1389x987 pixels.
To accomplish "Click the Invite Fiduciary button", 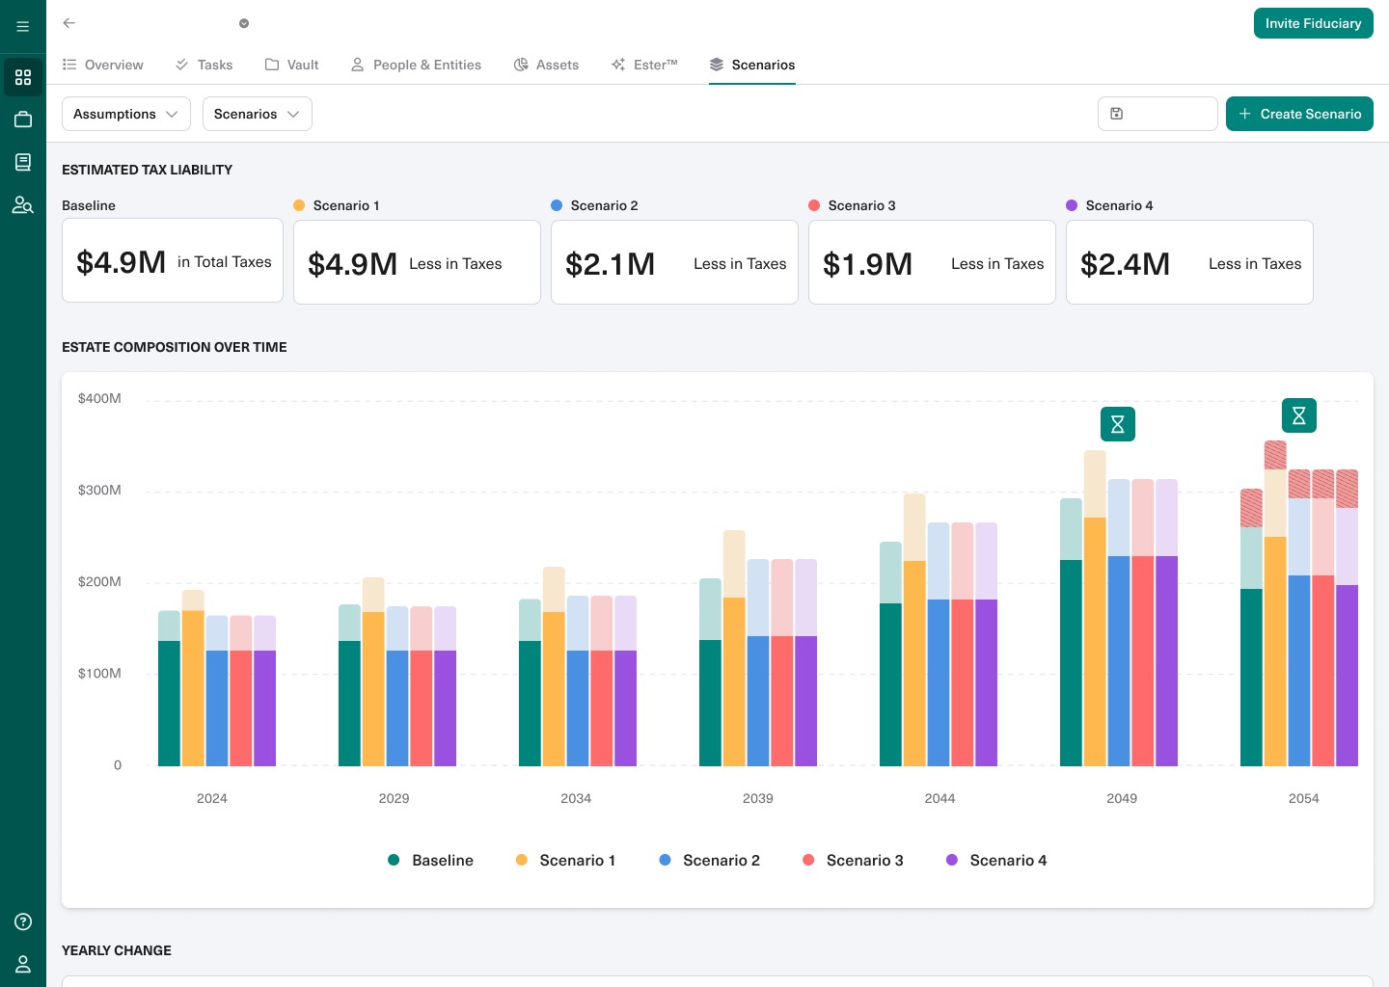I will click(x=1313, y=23).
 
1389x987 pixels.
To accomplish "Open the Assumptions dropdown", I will click(x=125, y=114).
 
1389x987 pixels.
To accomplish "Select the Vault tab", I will click(x=292, y=65).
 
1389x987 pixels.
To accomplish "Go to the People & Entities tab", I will click(x=416, y=65).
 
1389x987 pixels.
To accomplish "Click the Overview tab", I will click(x=103, y=65).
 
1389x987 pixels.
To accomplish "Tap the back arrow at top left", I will click(x=69, y=23).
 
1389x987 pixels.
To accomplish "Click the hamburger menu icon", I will click(x=23, y=27).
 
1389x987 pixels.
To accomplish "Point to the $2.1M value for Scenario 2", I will click(x=610, y=263).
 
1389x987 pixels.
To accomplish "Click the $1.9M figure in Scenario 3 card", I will click(x=867, y=263).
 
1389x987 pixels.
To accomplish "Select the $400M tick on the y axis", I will click(x=99, y=398).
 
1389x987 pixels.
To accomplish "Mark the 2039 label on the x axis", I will click(x=757, y=798).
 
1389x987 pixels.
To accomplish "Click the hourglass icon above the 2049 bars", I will click(x=1117, y=424).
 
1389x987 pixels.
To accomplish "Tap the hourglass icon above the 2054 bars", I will click(x=1298, y=415).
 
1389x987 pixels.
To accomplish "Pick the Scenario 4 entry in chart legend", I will click(x=997, y=860).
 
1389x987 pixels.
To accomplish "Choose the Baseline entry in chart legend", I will click(x=431, y=860).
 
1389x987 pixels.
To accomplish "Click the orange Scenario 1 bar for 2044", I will click(x=914, y=665).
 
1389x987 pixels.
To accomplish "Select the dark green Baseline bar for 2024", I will click(x=169, y=704).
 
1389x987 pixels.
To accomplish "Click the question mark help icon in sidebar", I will click(x=23, y=921).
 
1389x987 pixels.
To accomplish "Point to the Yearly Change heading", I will click(x=117, y=950).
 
